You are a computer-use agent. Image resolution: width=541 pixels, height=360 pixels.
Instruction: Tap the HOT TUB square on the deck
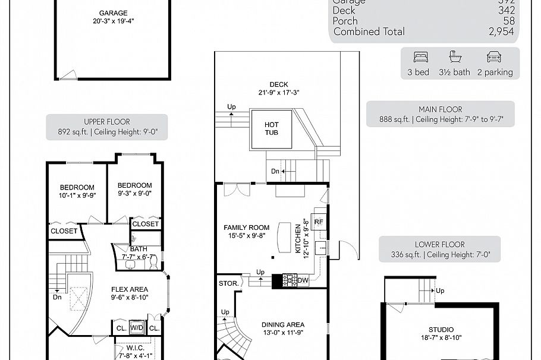(x=270, y=128)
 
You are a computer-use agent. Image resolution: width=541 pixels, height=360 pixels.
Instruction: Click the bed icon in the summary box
(x=420, y=58)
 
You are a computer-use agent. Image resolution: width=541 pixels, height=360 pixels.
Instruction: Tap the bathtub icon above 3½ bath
(x=455, y=58)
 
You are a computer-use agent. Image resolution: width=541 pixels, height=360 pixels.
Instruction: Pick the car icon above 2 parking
(x=494, y=58)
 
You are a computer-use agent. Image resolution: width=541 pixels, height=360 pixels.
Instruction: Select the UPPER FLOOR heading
(x=106, y=122)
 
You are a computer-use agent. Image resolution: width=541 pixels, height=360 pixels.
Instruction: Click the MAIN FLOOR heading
(x=440, y=109)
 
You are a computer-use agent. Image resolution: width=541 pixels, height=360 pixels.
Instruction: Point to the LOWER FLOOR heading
(x=439, y=244)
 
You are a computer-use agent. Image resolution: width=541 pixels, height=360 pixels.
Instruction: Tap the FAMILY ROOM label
(x=246, y=228)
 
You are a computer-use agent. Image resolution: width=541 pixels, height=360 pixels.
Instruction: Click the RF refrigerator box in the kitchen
(x=319, y=222)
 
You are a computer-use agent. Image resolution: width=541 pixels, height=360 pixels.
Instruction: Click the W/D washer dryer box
(x=137, y=328)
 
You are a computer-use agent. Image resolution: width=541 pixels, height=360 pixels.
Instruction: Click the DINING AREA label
(x=283, y=325)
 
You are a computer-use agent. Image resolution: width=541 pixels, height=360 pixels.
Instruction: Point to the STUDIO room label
(x=441, y=330)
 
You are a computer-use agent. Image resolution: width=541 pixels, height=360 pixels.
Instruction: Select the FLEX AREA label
(x=130, y=290)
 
